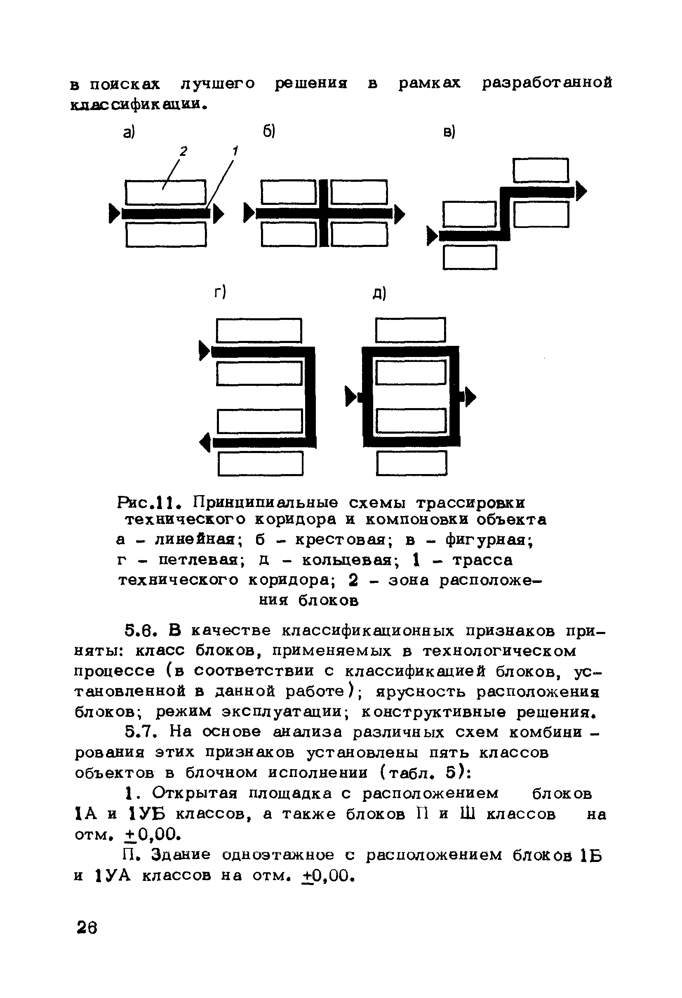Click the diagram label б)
point(269,132)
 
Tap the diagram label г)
point(220,292)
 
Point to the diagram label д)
point(379,294)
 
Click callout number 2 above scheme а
point(184,151)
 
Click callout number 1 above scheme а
point(235,151)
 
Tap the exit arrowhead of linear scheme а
point(219,214)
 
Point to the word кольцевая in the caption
point(347,560)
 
